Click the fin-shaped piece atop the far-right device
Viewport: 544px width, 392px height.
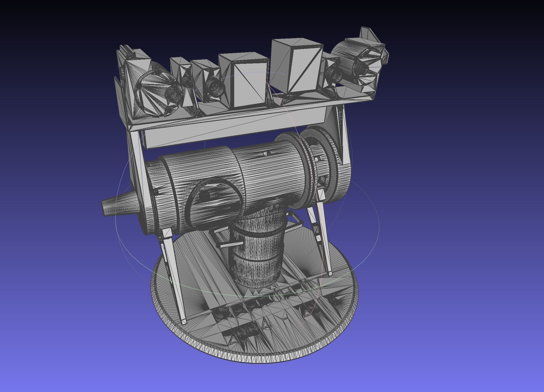point(368,36)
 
